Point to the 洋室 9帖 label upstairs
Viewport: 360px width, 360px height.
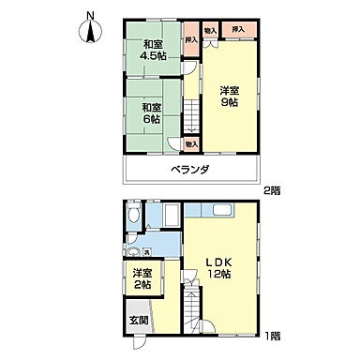pos(228,97)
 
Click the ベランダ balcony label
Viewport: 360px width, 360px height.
pos(189,170)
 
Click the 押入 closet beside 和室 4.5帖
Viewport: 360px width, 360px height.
pos(191,41)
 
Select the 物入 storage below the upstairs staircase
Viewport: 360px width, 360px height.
pos(190,143)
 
